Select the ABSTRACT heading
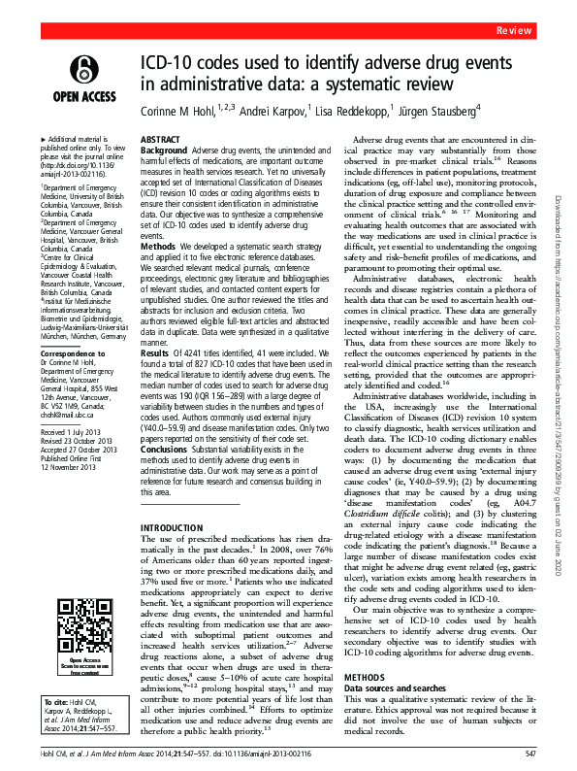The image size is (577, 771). point(161,140)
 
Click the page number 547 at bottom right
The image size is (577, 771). point(529,754)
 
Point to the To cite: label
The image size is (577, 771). point(42,698)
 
